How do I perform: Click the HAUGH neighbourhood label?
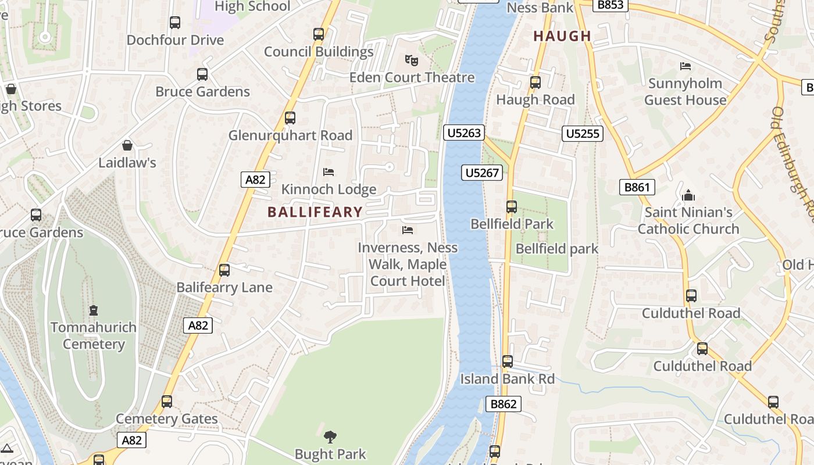[x=562, y=36]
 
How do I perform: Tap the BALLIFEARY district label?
[x=315, y=212]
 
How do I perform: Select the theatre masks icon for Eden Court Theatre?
[x=412, y=60]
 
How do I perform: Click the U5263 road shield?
[x=463, y=133]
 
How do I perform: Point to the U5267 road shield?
[x=483, y=173]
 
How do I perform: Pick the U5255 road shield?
[x=583, y=134]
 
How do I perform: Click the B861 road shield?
[x=637, y=187]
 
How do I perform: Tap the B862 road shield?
[x=503, y=404]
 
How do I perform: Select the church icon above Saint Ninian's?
[x=688, y=195]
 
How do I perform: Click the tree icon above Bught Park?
[x=330, y=437]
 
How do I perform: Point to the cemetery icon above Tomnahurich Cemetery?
[x=93, y=310]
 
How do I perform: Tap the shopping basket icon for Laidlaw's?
[x=127, y=145]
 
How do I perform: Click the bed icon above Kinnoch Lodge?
[x=329, y=172]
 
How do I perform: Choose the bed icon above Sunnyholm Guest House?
[x=686, y=66]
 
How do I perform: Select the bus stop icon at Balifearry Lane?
[x=224, y=270]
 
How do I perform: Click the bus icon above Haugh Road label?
[x=535, y=83]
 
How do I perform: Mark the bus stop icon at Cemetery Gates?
[x=167, y=402]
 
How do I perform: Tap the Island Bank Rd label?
[x=507, y=379]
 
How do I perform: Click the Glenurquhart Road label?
[x=290, y=135]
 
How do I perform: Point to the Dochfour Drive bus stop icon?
[x=175, y=23]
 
